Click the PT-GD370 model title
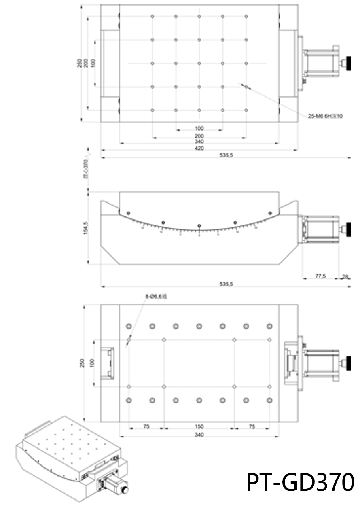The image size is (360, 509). click(300, 482)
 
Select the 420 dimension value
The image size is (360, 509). click(199, 148)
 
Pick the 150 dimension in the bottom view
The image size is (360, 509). click(199, 426)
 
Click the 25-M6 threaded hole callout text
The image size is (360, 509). click(325, 116)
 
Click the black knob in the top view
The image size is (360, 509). click(347, 63)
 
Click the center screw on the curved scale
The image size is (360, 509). click(199, 226)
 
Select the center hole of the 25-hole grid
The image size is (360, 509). click(199, 63)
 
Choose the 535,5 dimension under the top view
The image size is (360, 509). click(225, 155)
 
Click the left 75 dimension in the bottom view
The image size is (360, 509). click(146, 426)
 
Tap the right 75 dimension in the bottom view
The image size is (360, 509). click(252, 426)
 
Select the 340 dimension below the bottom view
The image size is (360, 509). click(199, 435)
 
